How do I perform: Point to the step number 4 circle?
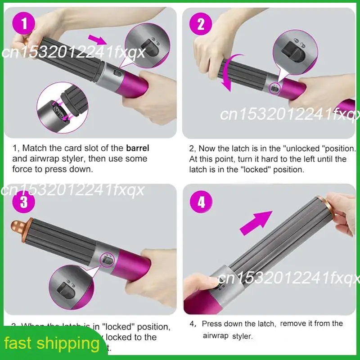coord(201,202)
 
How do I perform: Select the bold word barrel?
coord(137,148)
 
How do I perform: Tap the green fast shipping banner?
coord(52,344)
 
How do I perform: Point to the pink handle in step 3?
coord(144,270)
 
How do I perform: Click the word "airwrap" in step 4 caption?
coord(216,336)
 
